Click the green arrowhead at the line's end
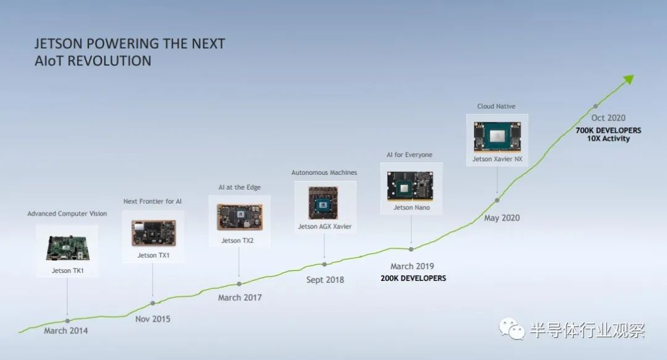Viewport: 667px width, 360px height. (629, 80)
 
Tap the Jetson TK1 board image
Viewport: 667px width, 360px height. (68, 247)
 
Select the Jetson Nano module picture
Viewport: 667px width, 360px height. (410, 186)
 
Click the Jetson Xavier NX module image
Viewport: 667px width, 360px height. (497, 137)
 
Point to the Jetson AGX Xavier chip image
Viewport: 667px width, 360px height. (323, 203)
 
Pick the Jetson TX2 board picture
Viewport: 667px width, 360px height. (240, 217)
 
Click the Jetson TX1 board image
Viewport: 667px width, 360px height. (154, 233)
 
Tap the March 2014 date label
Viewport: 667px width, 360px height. (66, 330)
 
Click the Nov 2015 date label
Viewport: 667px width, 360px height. (153, 319)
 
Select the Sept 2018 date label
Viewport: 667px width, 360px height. (325, 280)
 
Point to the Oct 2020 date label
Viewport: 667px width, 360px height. (608, 118)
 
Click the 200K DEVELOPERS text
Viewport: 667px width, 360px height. (413, 278)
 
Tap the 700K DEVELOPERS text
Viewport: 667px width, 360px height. (608, 130)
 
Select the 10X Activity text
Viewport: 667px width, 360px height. (608, 139)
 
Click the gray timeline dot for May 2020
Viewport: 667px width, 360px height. (497, 200)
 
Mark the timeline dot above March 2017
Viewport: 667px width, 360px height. (239, 284)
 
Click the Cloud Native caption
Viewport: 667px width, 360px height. (496, 106)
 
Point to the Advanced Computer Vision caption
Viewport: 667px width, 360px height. (67, 214)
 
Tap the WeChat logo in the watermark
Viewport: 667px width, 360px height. (512, 329)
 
